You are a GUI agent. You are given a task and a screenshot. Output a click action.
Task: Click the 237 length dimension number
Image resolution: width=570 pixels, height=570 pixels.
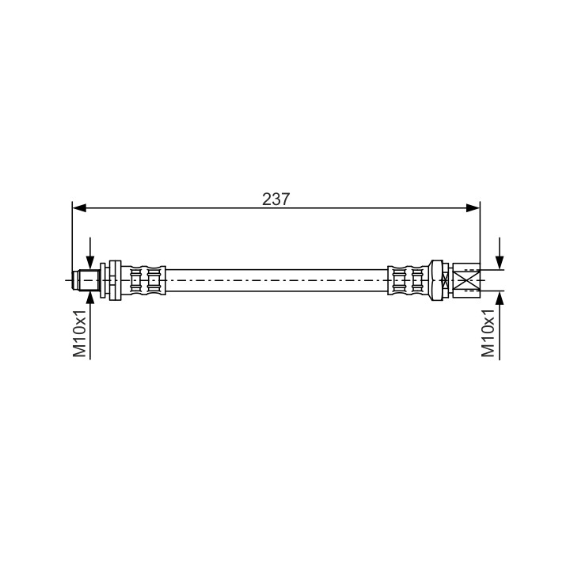coord(276,199)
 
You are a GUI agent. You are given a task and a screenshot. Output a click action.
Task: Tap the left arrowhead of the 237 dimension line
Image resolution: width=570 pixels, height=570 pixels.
coord(79,208)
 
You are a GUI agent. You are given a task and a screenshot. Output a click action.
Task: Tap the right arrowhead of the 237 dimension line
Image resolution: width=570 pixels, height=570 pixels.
coord(473,208)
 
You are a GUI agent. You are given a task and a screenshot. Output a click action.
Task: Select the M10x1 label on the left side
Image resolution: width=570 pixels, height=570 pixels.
coord(80,334)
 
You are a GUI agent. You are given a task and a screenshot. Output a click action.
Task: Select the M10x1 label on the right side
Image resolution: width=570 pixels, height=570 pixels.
coord(488,334)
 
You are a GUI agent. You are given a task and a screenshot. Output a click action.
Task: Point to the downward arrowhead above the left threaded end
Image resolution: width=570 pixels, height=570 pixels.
coord(89,263)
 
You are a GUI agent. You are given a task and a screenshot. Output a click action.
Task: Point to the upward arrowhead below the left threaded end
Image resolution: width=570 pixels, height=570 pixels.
coord(89,298)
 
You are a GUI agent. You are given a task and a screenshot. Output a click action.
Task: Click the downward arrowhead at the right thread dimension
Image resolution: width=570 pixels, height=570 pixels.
coord(500,263)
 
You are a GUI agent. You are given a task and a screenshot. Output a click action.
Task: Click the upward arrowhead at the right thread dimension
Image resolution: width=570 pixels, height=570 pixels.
coord(500,298)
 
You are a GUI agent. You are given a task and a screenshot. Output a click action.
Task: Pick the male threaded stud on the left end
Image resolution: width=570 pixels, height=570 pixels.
coord(86,280)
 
